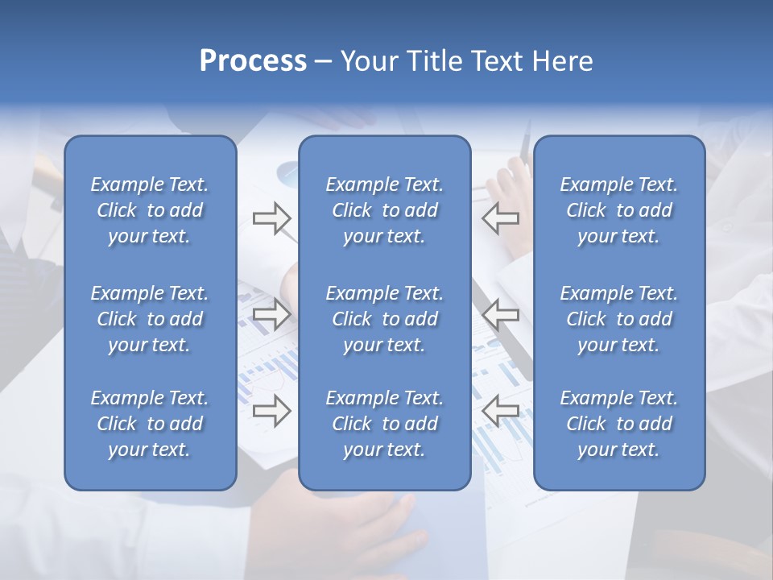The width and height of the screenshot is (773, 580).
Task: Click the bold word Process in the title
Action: pyautogui.click(x=253, y=61)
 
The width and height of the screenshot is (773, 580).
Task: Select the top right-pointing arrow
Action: pyautogui.click(x=271, y=218)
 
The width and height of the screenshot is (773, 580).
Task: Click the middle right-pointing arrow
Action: pyautogui.click(x=271, y=314)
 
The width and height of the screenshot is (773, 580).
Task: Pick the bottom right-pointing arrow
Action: pyautogui.click(x=271, y=411)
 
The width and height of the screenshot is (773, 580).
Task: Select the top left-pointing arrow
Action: pyautogui.click(x=500, y=218)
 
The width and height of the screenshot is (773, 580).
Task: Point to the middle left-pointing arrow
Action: pyautogui.click(x=500, y=314)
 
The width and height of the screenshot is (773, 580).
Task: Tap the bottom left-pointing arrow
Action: pyautogui.click(x=500, y=411)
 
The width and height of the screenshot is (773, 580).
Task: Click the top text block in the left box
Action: pyautogui.click(x=150, y=210)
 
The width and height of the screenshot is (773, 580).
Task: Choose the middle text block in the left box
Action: pyautogui.click(x=150, y=319)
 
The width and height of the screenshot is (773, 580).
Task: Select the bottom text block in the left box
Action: pyautogui.click(x=150, y=424)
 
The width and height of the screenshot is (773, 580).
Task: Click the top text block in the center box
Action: pyautogui.click(x=384, y=210)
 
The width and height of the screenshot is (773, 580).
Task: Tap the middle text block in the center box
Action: pyautogui.click(x=384, y=319)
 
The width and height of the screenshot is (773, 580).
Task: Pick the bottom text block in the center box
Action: pyautogui.click(x=384, y=424)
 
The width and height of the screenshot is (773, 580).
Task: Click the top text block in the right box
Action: pyautogui.click(x=619, y=210)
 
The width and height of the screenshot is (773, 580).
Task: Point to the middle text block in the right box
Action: pyautogui.click(x=619, y=319)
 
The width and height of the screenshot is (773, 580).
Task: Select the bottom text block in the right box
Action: pyautogui.click(x=619, y=424)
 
